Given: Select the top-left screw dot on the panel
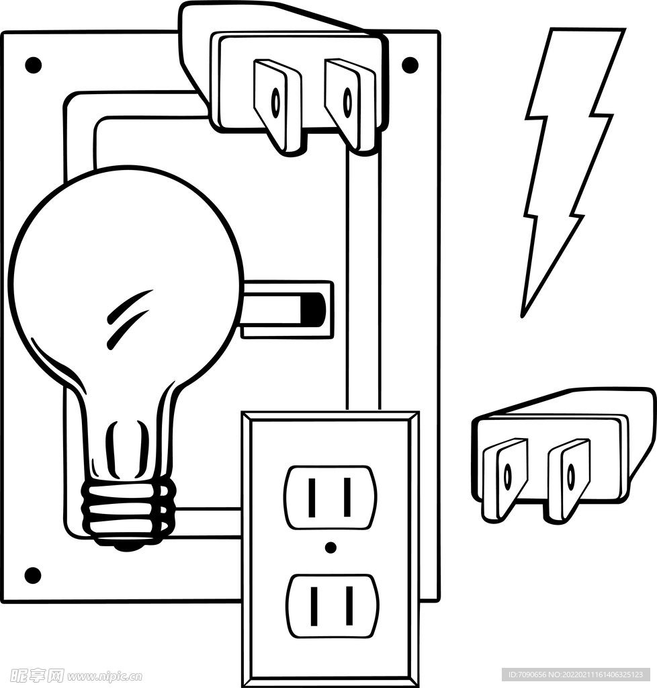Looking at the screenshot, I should pos(33,65).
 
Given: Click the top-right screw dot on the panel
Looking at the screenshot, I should pos(410,65).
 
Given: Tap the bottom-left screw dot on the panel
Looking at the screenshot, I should pos(33,575).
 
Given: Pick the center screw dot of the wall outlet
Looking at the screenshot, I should pos(330,548).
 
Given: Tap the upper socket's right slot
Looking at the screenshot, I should pos(347,497).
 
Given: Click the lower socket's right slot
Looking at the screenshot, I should pos(349,605).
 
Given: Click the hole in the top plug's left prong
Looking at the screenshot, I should pos(275,102).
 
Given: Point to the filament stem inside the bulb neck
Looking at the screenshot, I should pos(128,450).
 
